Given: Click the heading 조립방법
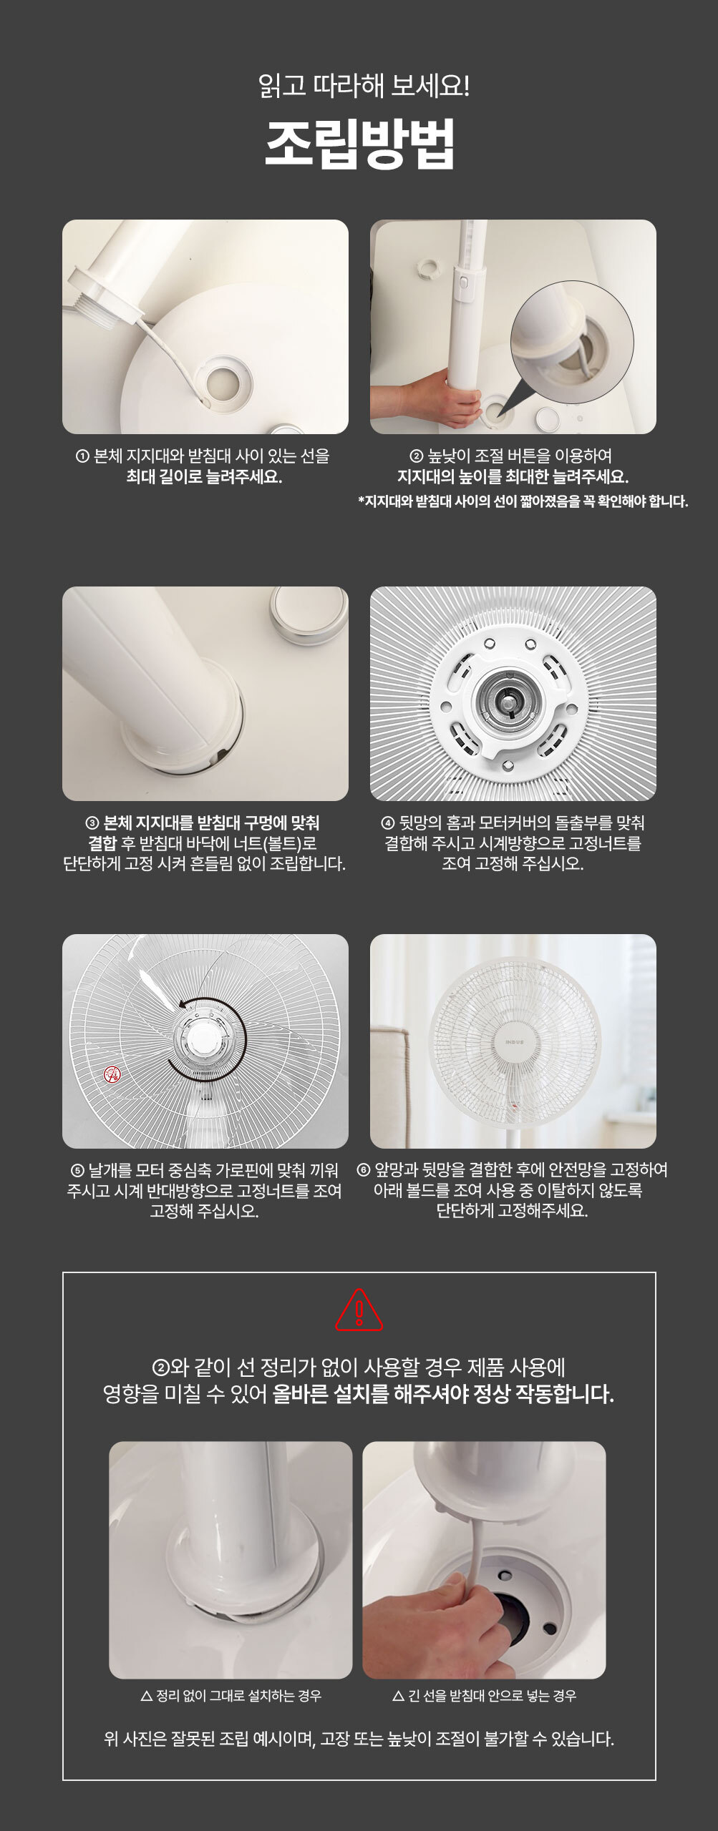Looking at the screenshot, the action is (x=359, y=144).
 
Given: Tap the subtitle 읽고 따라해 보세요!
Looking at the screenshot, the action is (x=364, y=86).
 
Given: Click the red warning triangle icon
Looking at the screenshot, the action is (x=359, y=1310).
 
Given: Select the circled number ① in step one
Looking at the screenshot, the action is (x=82, y=456).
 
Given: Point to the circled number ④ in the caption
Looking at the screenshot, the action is (x=389, y=823).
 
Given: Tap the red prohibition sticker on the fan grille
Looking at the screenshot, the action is (x=112, y=1074).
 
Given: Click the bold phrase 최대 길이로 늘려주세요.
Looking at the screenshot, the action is (x=204, y=477).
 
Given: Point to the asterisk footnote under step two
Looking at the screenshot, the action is (x=523, y=501).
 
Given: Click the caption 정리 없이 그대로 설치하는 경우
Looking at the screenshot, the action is (x=231, y=1696).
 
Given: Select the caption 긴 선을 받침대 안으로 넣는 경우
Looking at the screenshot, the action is (x=484, y=1696).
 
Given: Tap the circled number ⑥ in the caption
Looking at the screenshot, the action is (x=363, y=1170).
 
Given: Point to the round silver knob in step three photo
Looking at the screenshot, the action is (x=309, y=613).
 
